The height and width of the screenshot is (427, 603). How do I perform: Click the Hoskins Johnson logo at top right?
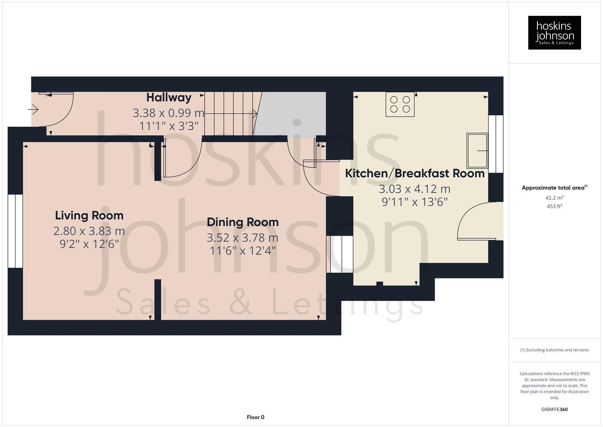pyautogui.click(x=554, y=32)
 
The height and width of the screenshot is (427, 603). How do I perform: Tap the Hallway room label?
pyautogui.click(x=169, y=97)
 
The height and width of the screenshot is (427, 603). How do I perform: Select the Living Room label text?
pyautogui.click(x=89, y=215)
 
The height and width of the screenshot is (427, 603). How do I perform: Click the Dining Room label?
pyautogui.click(x=242, y=222)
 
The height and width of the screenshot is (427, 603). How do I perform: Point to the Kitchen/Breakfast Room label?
pyautogui.click(x=415, y=173)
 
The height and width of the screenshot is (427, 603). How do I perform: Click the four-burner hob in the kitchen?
pyautogui.click(x=400, y=104)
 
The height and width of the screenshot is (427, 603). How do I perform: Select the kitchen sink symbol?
pyautogui.click(x=477, y=151)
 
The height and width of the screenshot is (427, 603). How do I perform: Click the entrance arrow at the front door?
pyautogui.click(x=34, y=109)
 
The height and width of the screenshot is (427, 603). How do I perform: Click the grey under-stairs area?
pyautogui.click(x=294, y=113)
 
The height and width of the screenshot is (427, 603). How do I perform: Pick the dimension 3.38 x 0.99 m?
pyautogui.click(x=169, y=113)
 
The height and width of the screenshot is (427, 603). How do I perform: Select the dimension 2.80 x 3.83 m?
pyautogui.click(x=89, y=231)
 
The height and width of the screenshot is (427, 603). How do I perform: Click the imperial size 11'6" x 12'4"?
pyautogui.click(x=242, y=251)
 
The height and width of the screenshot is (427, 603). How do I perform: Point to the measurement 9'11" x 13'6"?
pyautogui.click(x=415, y=202)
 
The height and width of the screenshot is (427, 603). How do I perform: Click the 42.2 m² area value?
pyautogui.click(x=554, y=198)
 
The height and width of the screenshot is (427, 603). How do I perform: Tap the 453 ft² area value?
pyautogui.click(x=554, y=206)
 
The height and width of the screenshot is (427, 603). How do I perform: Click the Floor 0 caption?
pyautogui.click(x=255, y=417)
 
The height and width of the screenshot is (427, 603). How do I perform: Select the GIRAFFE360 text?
pyautogui.click(x=554, y=409)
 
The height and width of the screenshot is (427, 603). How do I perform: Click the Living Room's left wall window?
pyautogui.click(x=15, y=231)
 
